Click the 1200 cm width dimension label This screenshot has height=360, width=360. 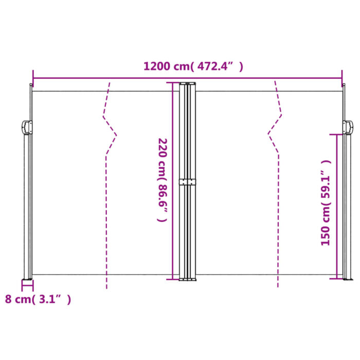193,66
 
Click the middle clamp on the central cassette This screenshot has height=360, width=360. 187,182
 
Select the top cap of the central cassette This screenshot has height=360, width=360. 187,83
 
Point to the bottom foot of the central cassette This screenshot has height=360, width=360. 187,279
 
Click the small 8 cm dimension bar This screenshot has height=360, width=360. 27,280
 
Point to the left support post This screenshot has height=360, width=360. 28,206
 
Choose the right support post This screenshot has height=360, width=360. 348,206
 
